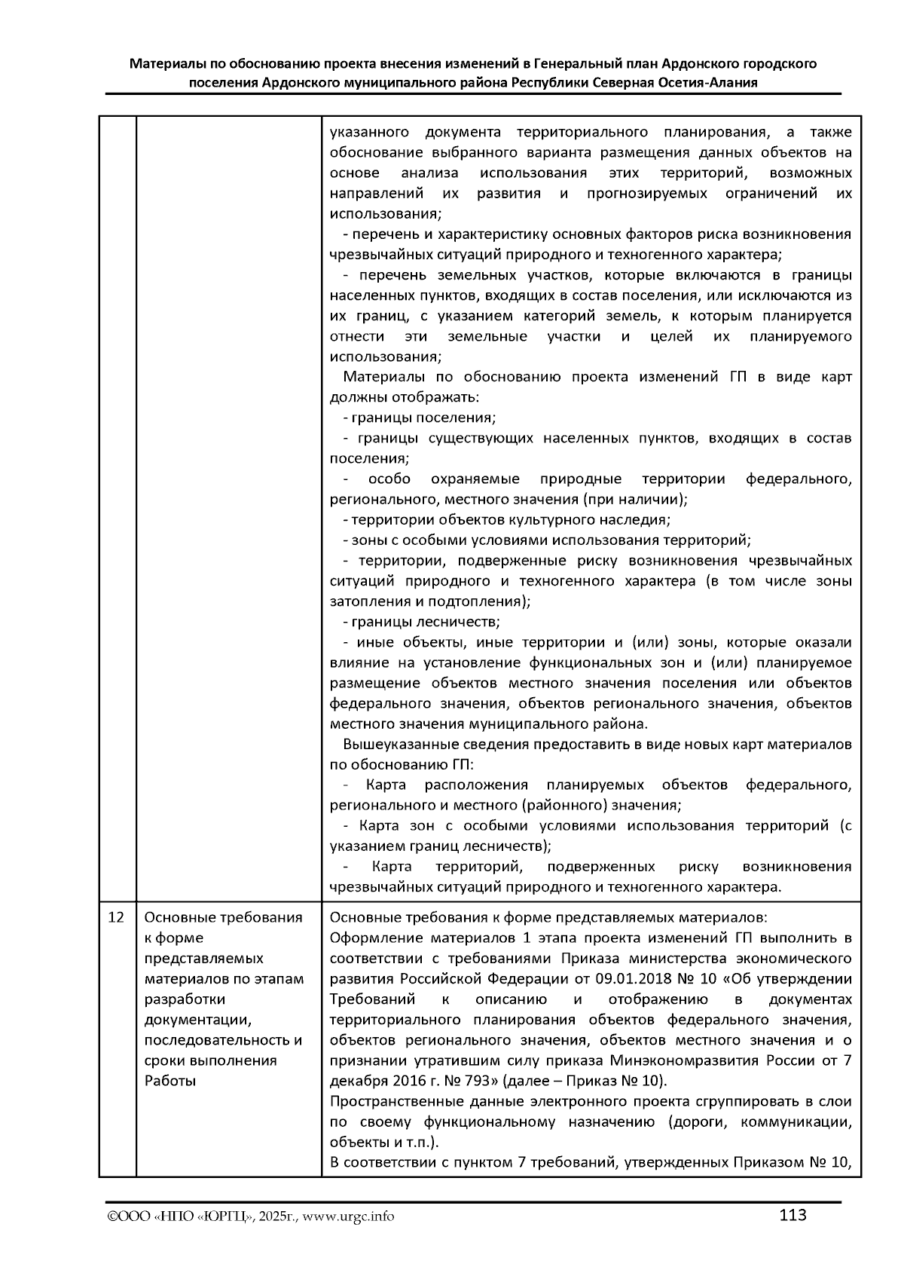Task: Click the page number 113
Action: pos(793,1215)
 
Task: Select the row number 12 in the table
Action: pos(116,918)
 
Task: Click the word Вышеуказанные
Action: pos(395,745)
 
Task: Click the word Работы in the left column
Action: pos(170,1081)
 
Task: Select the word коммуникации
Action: pos(796,1122)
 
